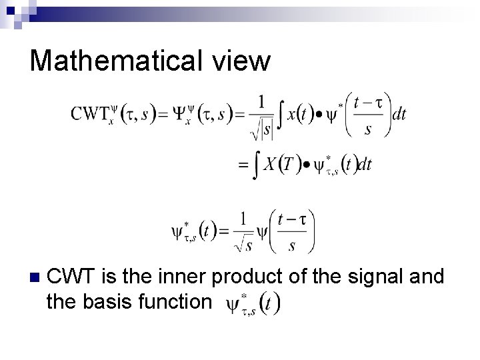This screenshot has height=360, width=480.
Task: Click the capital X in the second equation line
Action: click(268, 164)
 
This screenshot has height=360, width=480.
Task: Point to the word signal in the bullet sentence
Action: click(371, 275)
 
